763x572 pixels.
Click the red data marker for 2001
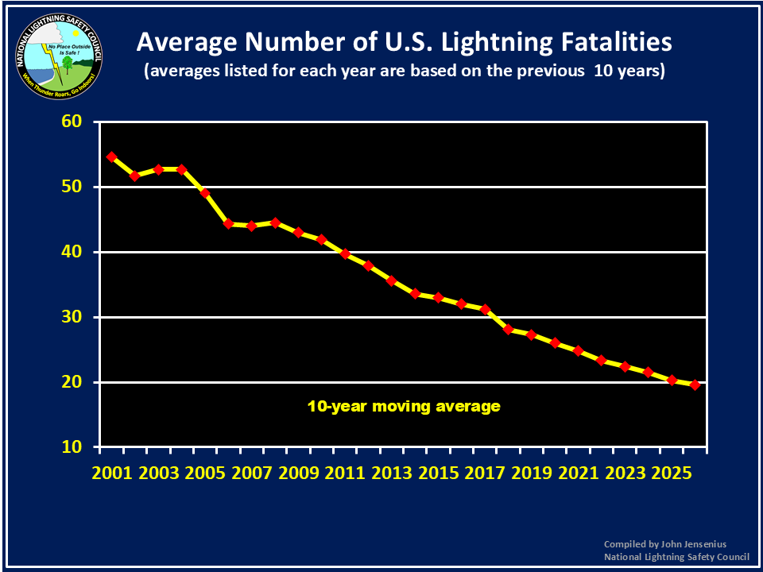point(112,157)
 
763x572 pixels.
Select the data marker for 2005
point(205,193)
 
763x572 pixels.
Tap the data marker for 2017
point(485,309)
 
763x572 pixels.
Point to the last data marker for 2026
point(695,385)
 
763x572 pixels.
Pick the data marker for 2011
point(345,253)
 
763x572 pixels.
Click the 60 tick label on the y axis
point(72,122)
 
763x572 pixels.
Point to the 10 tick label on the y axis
point(72,446)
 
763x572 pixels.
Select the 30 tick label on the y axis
point(72,317)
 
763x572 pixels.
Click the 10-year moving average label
point(404,406)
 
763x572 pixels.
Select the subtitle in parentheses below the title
point(404,71)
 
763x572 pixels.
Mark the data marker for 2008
point(275,222)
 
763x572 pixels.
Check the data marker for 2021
point(578,350)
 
